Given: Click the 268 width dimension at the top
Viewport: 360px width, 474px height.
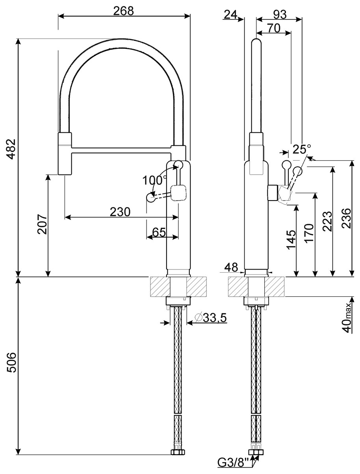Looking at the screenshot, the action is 124,11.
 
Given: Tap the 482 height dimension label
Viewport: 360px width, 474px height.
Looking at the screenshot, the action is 11,149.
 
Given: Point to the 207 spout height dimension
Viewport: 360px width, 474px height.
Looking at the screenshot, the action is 42,224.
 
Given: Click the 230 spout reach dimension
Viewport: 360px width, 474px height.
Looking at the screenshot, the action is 120,212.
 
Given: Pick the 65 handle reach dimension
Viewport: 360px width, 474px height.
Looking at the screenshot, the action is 159,232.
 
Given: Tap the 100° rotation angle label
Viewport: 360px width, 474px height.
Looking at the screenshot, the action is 155,180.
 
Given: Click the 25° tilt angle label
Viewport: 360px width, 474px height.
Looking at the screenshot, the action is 302,149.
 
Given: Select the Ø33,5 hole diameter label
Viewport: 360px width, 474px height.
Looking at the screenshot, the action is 210,318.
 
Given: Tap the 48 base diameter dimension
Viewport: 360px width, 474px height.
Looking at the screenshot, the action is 231,268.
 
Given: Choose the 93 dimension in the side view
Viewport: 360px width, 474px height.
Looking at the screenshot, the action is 280,15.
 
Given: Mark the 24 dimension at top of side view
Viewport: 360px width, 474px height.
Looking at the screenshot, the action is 230,15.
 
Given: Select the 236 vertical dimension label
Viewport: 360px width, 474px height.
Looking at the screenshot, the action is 347,218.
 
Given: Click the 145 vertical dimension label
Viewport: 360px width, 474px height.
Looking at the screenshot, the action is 291,240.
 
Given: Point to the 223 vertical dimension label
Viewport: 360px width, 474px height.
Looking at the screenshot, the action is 327,221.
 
